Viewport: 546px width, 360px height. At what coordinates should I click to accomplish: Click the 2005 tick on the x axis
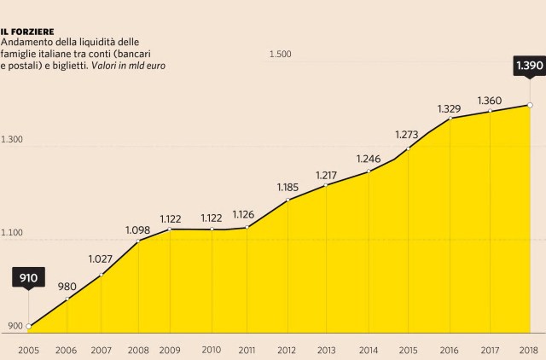(x=28, y=350)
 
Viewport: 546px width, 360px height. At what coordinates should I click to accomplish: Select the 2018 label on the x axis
(x=529, y=350)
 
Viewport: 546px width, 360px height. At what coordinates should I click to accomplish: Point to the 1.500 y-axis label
(x=281, y=55)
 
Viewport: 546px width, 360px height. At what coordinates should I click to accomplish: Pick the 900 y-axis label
(x=11, y=326)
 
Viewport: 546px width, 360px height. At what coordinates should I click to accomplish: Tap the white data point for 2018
(x=531, y=106)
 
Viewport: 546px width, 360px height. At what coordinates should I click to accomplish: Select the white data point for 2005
(x=29, y=326)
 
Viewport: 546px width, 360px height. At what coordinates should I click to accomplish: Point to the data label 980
(x=67, y=287)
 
